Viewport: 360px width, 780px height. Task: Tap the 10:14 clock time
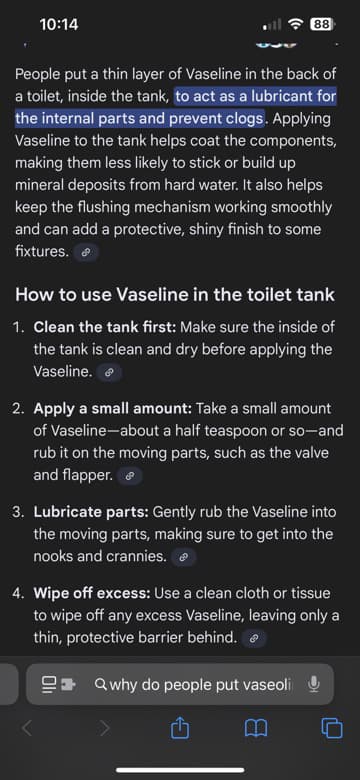click(59, 24)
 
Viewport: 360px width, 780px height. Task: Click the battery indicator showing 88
click(323, 24)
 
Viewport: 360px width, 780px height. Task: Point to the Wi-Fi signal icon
click(296, 24)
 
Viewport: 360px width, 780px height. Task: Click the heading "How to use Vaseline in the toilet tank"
click(175, 294)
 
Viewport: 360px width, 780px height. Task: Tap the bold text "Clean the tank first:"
click(104, 327)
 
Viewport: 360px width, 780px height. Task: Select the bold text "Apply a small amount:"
click(112, 409)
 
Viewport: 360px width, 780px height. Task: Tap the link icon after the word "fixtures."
click(86, 252)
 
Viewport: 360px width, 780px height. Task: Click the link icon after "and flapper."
click(130, 476)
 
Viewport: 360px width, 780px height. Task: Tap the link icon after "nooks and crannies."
click(184, 558)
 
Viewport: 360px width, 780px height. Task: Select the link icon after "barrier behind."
click(254, 639)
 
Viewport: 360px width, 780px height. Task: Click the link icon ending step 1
click(109, 372)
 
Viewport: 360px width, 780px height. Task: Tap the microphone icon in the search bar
click(313, 685)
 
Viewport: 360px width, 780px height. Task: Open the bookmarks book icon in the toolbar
click(256, 729)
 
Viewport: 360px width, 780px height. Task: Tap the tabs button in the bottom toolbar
click(332, 729)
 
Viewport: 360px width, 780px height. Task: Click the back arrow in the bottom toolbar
click(27, 729)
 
